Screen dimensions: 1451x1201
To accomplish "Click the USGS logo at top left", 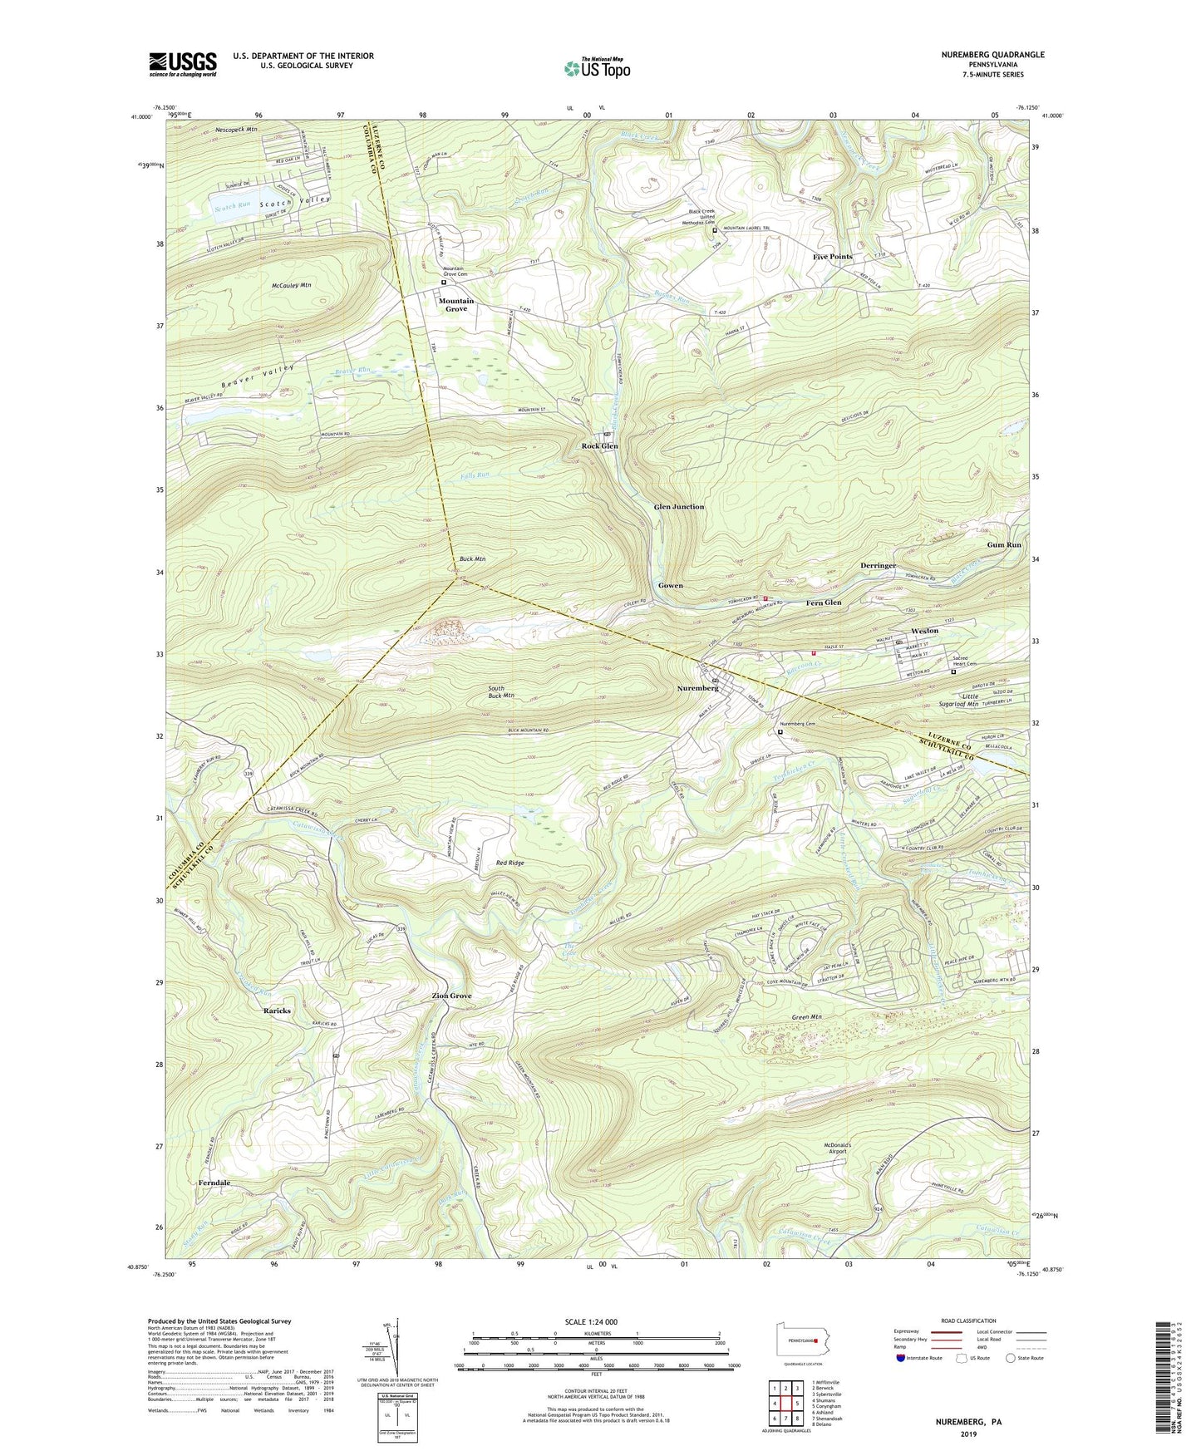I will tap(183, 63).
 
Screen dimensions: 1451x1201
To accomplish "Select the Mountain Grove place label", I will tap(456, 305).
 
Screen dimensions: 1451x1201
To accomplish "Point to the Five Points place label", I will tap(832, 257).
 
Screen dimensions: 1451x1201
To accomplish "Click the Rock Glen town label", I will tap(598, 446).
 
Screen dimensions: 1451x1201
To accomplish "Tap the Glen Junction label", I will tap(678, 506).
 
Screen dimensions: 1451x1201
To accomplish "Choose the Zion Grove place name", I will tap(451, 996).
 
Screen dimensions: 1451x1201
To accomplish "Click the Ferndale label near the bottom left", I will tap(214, 1182).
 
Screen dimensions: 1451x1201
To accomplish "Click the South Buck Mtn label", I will tap(500, 691).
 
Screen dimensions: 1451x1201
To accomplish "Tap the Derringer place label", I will tap(879, 565).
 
